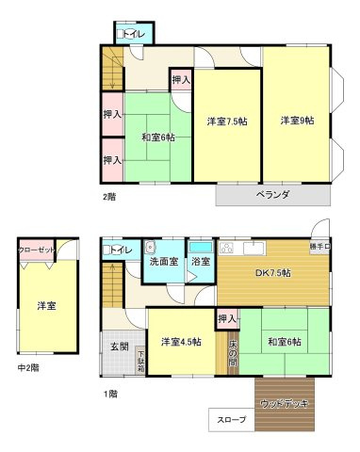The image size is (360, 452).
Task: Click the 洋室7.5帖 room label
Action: tap(227, 121)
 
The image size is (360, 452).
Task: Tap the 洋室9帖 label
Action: tap(297, 121)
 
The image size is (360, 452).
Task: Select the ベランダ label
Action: tap(272, 195)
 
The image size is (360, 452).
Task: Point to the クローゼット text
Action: tap(37, 250)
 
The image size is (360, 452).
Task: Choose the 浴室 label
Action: tap(200, 261)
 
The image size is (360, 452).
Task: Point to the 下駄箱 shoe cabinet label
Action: tap(140, 362)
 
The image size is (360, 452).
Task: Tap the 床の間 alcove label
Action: tap(232, 352)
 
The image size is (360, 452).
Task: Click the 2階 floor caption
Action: tap(110, 197)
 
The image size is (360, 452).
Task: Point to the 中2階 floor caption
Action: tap(28, 367)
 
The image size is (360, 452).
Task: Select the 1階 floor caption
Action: tap(110, 393)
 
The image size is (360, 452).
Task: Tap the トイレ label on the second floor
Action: tap(133, 35)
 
